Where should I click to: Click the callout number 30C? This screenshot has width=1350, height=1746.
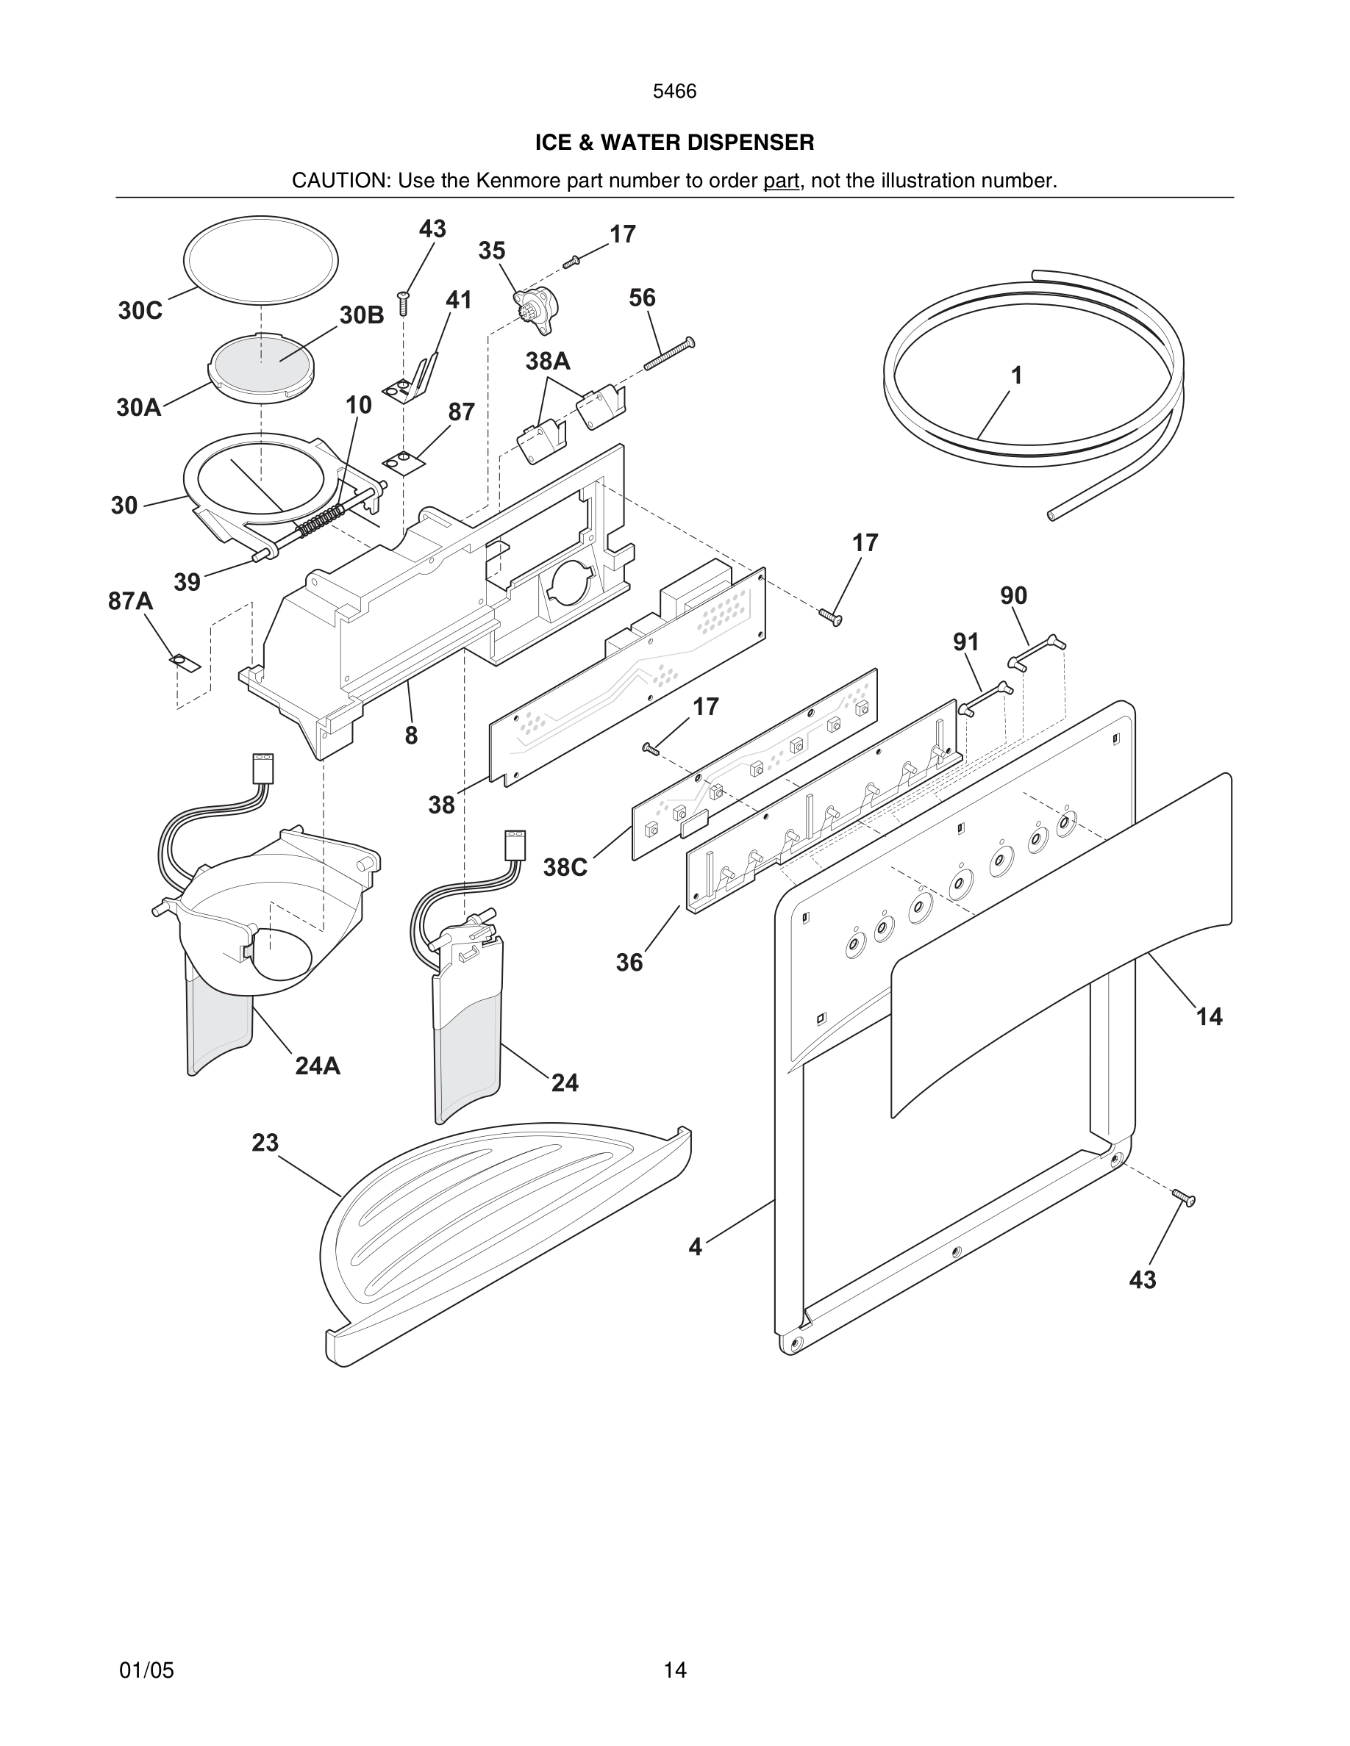pyautogui.click(x=140, y=310)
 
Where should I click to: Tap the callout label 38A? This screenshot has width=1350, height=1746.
pyautogui.click(x=548, y=362)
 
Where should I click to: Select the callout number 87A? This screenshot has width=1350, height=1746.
pyautogui.click(x=130, y=600)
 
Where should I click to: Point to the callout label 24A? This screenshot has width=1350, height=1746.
pyautogui.click(x=318, y=1066)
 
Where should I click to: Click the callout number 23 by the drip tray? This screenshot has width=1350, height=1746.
pyautogui.click(x=265, y=1143)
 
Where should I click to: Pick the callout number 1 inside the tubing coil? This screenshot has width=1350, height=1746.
pyautogui.click(x=1015, y=375)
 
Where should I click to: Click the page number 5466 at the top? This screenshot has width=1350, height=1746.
pyautogui.click(x=674, y=91)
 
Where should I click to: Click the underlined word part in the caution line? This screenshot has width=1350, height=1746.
pyautogui.click(x=781, y=181)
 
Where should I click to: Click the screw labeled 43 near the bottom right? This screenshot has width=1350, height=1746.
pyautogui.click(x=1184, y=1219)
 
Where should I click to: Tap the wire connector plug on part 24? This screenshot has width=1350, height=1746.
pyautogui.click(x=515, y=845)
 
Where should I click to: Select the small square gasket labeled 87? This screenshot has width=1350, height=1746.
pyautogui.click(x=404, y=461)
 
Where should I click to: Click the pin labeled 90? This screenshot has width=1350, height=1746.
pyautogui.click(x=1037, y=651)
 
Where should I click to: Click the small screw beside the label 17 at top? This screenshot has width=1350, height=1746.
pyautogui.click(x=571, y=261)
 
